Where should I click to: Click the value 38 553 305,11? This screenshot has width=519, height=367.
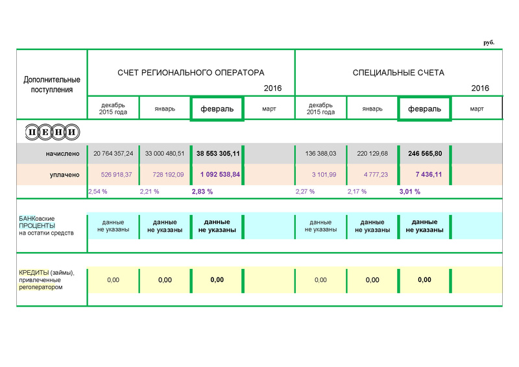217,154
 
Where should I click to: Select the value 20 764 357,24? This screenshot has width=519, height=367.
113,154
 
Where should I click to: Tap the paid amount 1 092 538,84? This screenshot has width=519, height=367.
217,175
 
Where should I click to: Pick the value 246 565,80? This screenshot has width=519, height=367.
425,154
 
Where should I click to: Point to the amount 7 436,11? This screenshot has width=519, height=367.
425,175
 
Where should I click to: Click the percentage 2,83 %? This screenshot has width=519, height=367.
202,192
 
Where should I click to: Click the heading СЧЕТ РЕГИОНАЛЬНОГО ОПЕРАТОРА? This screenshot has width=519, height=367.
191,73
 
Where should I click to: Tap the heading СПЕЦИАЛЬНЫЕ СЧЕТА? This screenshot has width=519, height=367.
398,73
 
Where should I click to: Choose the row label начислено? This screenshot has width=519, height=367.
62,154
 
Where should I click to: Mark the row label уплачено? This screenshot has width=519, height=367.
65,175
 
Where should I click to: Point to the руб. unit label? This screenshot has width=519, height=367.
489,42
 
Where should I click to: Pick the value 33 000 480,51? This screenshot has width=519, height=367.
165,154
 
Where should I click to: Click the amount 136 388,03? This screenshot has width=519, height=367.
320,154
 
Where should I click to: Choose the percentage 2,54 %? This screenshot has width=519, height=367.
97,192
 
